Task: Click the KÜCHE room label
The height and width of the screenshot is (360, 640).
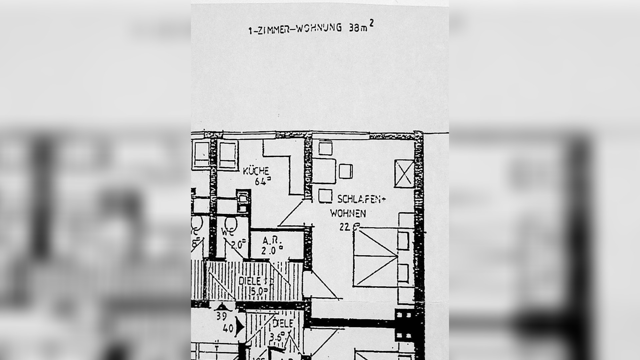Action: click(x=256, y=171)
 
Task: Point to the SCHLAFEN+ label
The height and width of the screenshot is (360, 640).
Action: click(x=361, y=199)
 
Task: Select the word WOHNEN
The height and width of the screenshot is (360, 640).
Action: click(x=348, y=213)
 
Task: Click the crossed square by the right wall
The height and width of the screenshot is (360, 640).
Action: click(x=404, y=173)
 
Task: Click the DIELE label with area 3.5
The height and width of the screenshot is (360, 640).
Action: click(x=283, y=323)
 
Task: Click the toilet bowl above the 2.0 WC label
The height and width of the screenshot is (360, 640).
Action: click(x=231, y=223)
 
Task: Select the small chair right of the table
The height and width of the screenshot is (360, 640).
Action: click(x=346, y=171)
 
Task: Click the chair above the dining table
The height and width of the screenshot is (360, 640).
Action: click(x=325, y=148)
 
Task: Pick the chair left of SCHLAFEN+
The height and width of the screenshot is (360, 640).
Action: click(x=325, y=196)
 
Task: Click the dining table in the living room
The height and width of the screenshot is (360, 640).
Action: click(x=323, y=171)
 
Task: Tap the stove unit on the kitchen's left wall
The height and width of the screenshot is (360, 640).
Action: click(x=243, y=201)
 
